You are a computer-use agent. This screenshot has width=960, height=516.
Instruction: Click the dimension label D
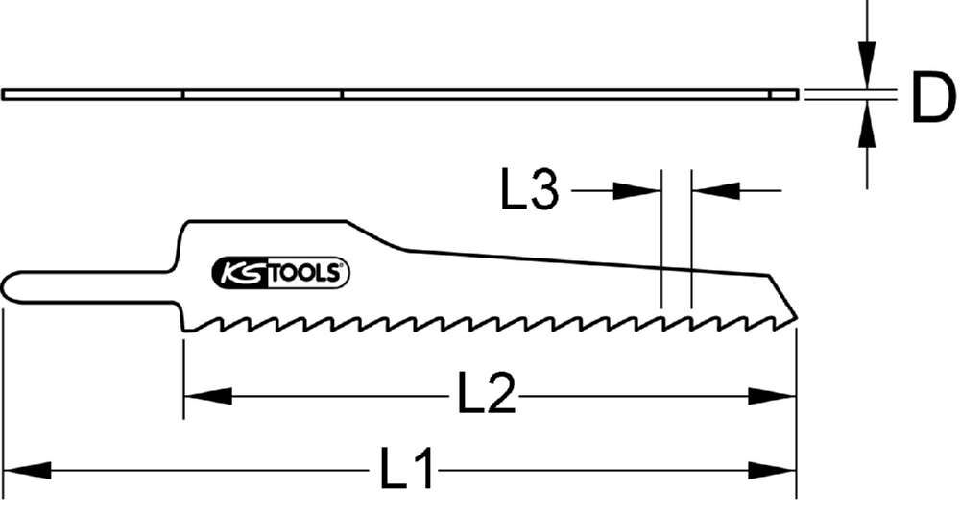tap(933, 99)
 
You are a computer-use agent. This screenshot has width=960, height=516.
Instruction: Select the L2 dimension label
tap(487, 394)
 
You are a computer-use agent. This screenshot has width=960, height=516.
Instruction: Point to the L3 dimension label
tap(529, 190)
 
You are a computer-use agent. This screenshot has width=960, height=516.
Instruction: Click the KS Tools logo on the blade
tap(280, 273)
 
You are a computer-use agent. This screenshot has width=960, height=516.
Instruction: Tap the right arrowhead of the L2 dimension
tap(773, 395)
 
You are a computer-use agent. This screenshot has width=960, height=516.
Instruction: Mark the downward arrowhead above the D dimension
tap(867, 66)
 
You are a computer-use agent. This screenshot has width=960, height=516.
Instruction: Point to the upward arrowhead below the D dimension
tap(867, 123)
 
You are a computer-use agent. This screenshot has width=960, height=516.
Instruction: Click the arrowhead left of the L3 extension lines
tap(639, 190)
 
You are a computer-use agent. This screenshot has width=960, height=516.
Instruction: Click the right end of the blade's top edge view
tap(795, 94)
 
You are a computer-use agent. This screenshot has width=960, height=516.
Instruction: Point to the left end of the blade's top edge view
tap(5, 94)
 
